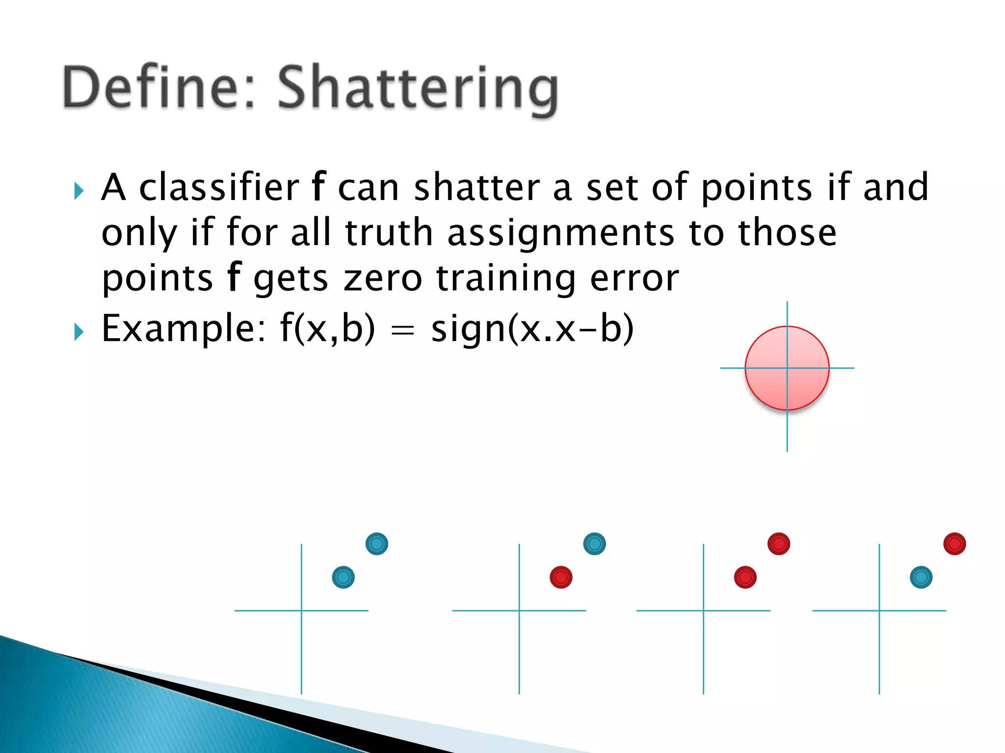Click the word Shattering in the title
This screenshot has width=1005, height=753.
click(x=418, y=89)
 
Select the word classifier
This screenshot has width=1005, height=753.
click(x=219, y=187)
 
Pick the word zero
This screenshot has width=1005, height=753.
click(x=382, y=278)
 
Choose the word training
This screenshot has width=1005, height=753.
click(x=505, y=278)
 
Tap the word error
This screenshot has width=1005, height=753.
click(x=635, y=278)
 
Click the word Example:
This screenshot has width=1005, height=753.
click(x=184, y=328)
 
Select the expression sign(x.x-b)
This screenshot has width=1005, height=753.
click(x=532, y=328)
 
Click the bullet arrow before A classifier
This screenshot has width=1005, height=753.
click(x=79, y=190)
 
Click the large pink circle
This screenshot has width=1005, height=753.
click(x=787, y=368)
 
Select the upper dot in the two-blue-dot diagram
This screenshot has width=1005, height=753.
click(x=377, y=544)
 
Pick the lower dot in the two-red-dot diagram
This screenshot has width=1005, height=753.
click(x=745, y=577)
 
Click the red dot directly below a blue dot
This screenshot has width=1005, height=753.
click(x=561, y=577)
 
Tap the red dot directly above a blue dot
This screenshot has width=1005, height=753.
click(x=954, y=544)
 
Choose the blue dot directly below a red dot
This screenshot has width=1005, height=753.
click(x=921, y=577)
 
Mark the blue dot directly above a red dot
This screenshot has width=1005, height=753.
click(x=594, y=544)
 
